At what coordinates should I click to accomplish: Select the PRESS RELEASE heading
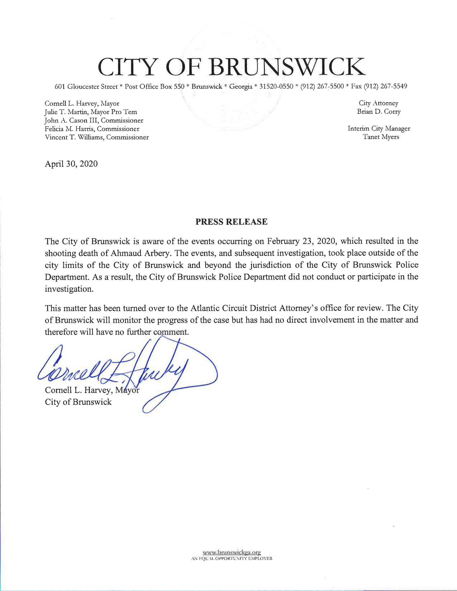tap(231, 222)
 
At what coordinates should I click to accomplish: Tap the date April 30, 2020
tap(71, 164)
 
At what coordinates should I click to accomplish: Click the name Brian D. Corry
tap(379, 112)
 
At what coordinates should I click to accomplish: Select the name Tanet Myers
tap(381, 137)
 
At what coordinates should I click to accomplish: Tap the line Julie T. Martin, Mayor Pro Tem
tap(91, 112)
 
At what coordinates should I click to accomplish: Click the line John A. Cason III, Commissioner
tap(94, 120)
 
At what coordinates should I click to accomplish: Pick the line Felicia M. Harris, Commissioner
tap(92, 129)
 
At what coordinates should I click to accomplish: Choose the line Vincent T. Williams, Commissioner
tap(97, 137)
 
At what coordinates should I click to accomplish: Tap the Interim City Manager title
tap(379, 128)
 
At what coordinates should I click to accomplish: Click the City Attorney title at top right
tap(378, 103)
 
